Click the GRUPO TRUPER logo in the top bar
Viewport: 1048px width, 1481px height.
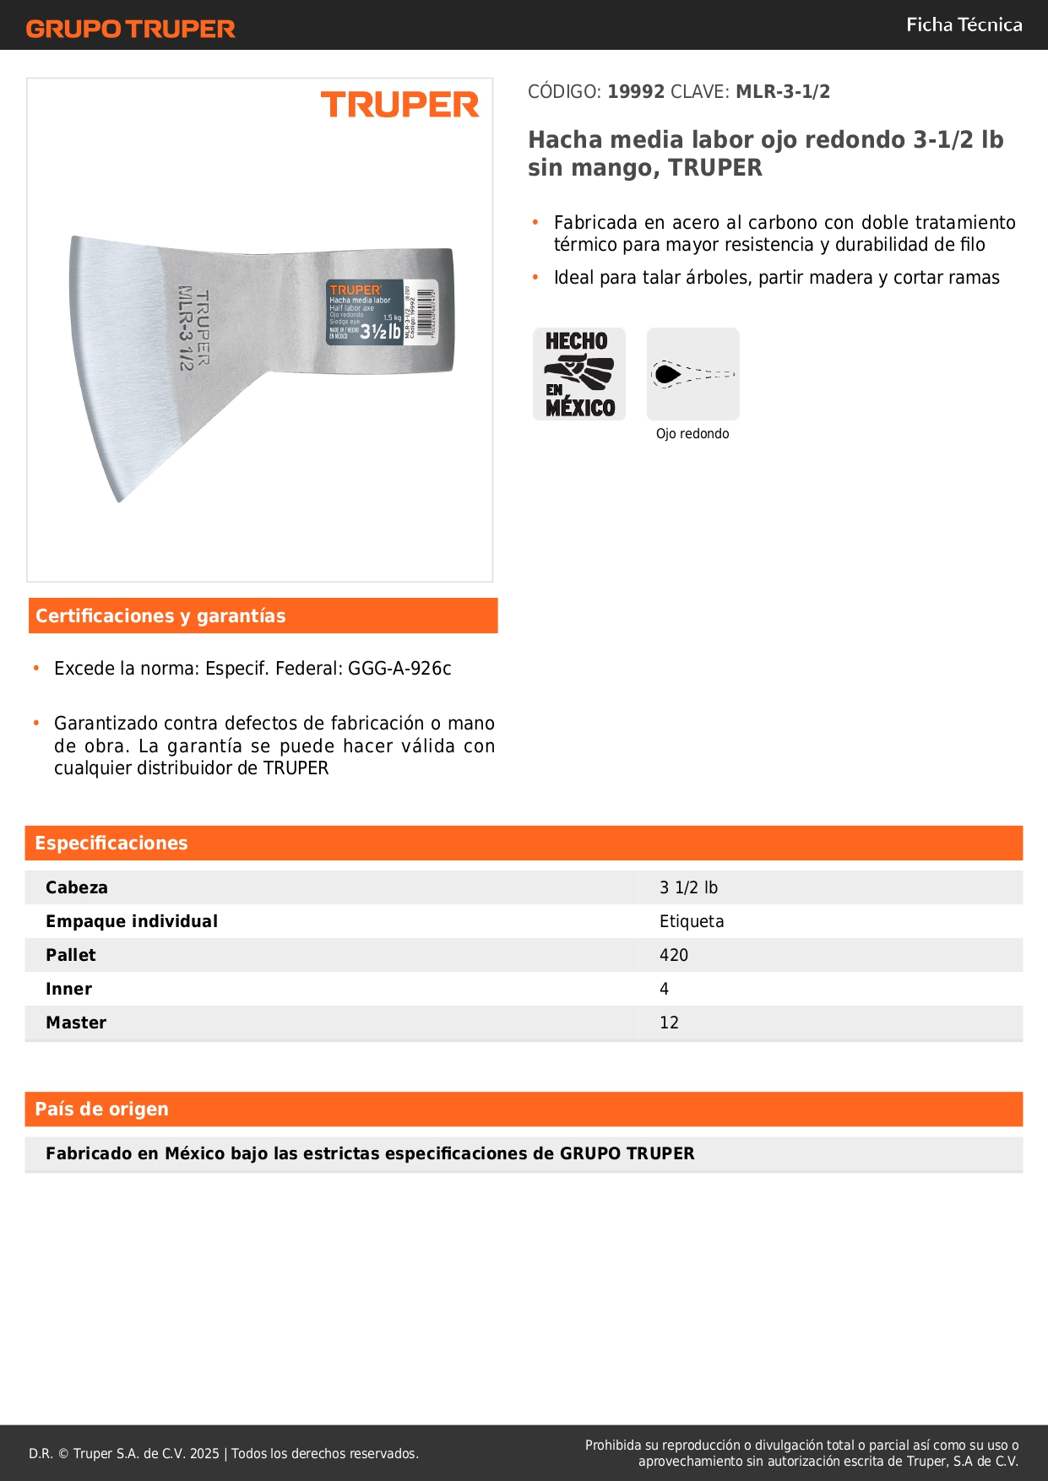[130, 29]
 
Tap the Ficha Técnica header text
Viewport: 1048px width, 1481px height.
[964, 25]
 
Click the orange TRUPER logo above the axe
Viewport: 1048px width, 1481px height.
[399, 106]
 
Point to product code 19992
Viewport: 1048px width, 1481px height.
[636, 92]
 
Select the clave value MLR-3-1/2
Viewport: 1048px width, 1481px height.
[783, 92]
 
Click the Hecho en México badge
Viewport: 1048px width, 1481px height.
[579, 374]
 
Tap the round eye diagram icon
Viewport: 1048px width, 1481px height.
[692, 374]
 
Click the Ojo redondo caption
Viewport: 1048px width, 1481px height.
[692, 434]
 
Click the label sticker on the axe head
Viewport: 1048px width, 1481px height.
[382, 313]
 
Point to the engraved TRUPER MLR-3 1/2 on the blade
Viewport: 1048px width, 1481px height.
[193, 328]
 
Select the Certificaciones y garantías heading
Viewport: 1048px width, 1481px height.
[160, 616]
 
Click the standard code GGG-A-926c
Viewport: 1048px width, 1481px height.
[399, 669]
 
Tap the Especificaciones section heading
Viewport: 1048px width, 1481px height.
[111, 844]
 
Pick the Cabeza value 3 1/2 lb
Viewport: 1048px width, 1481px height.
[688, 888]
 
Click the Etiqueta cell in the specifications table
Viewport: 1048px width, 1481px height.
[692, 922]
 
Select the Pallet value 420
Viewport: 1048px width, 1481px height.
[674, 956]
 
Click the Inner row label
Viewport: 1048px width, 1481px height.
[69, 990]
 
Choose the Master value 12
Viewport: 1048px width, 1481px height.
[669, 1023]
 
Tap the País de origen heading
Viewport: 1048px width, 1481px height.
[101, 1109]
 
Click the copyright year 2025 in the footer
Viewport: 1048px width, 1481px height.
[204, 1454]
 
